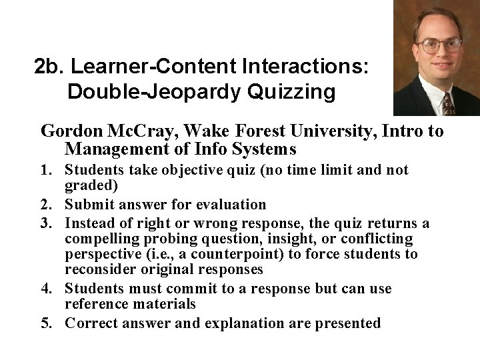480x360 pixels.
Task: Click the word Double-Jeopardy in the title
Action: tap(150, 92)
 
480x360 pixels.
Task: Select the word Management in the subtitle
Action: tap(127, 148)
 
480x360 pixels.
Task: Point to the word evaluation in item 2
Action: tap(227, 204)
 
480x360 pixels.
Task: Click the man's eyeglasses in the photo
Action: tap(437, 47)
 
